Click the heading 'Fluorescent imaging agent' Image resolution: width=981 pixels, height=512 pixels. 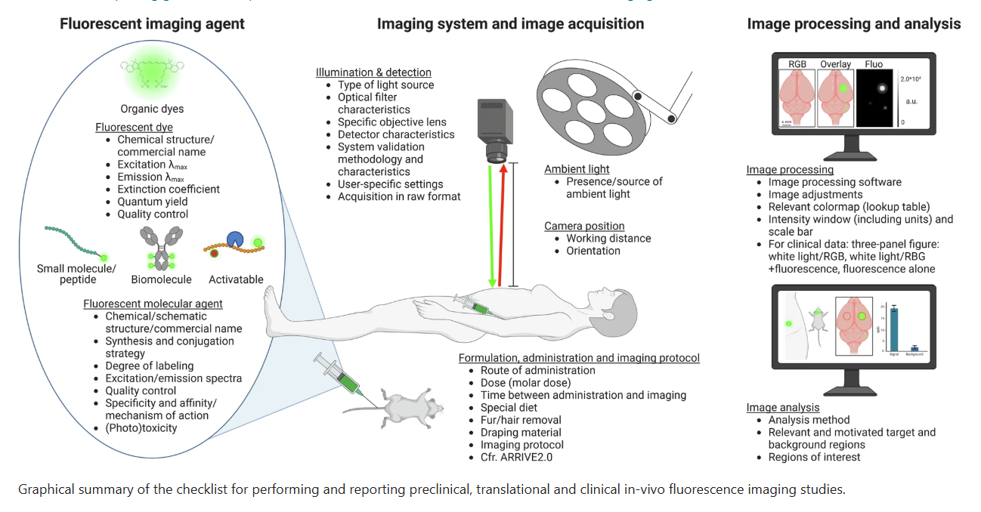152,23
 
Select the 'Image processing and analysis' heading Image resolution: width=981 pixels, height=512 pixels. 853,23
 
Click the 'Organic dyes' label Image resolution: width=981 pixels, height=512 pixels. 152,109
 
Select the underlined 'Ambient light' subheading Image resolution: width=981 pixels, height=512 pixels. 577,169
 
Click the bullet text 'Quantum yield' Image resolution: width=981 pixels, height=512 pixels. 153,202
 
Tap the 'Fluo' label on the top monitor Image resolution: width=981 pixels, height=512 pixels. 874,64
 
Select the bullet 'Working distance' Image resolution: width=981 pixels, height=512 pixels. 608,239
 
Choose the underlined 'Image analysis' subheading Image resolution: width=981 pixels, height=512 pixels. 782,408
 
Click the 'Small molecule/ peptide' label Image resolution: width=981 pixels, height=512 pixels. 76,274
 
